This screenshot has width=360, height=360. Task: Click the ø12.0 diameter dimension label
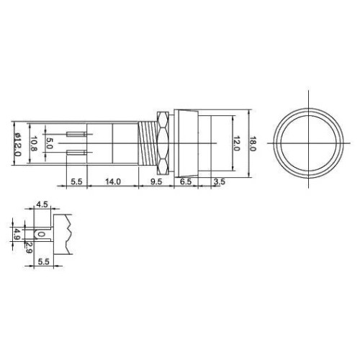(17, 144)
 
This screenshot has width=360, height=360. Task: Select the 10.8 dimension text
(34, 144)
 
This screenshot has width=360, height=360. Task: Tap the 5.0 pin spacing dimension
(49, 143)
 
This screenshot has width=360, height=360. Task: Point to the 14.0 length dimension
(113, 181)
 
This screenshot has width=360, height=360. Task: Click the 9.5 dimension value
(156, 181)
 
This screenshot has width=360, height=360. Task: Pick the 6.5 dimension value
(186, 181)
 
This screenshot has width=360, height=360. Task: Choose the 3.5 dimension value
(220, 181)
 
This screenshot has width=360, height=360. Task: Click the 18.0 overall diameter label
(253, 144)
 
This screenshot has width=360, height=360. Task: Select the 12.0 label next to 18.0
(236, 143)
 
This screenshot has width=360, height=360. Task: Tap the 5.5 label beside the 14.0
(76, 181)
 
